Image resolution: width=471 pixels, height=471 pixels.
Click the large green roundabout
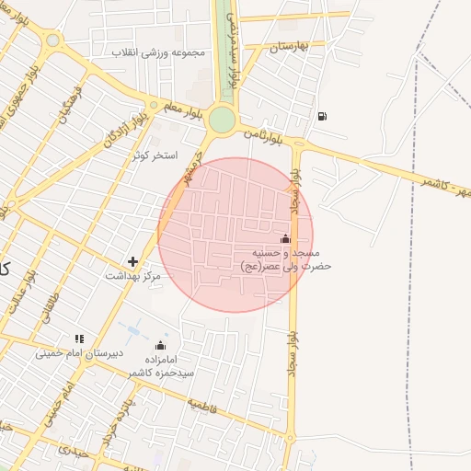[x=222, y=120]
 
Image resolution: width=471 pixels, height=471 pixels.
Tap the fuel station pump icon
[x=321, y=116]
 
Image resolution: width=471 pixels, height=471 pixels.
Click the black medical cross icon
[x=133, y=262]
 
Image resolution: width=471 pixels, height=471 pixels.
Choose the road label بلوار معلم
[x=174, y=105]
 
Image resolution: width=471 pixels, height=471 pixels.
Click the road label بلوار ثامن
[x=266, y=134]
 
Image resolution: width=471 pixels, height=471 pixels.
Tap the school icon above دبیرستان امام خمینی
[x=79, y=339]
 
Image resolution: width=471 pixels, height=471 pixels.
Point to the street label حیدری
[x=70, y=451]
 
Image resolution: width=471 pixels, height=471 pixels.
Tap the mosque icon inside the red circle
[x=283, y=239]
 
